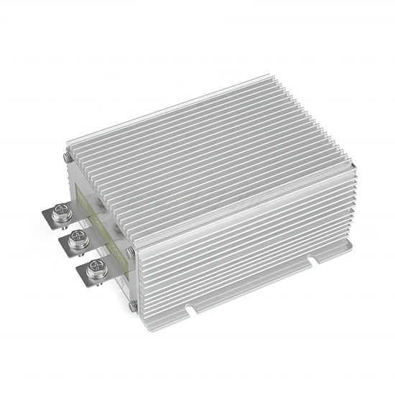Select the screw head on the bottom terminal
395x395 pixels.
tap(91, 271)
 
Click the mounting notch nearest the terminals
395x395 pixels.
tap(192, 311)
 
